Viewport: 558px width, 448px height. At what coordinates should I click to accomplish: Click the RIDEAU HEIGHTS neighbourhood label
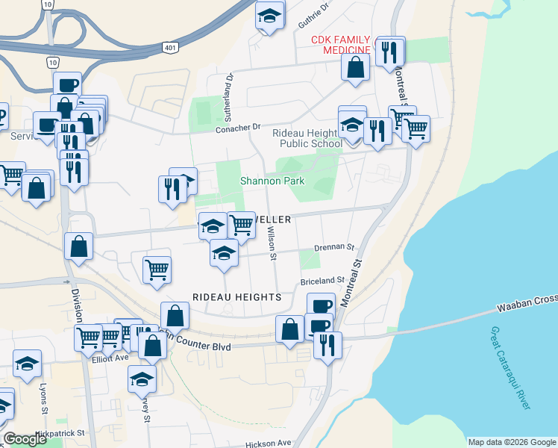coord(236,296)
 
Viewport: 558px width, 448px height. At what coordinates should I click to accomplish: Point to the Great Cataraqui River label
coord(511,367)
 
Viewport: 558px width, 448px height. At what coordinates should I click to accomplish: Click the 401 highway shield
coord(170,48)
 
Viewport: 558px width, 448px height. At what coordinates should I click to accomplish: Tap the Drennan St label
coord(334,246)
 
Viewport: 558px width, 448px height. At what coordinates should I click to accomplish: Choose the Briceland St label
coord(321,281)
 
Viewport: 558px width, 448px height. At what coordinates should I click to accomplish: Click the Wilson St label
coord(272,245)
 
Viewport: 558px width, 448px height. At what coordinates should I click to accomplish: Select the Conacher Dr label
coord(238,128)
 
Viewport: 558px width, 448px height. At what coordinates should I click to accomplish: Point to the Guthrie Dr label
coord(313,16)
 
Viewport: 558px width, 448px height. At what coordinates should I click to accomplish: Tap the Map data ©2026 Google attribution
coord(511,442)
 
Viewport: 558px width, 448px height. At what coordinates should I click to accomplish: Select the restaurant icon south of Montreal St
coord(327,345)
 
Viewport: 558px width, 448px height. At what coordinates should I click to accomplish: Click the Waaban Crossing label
coord(527,299)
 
